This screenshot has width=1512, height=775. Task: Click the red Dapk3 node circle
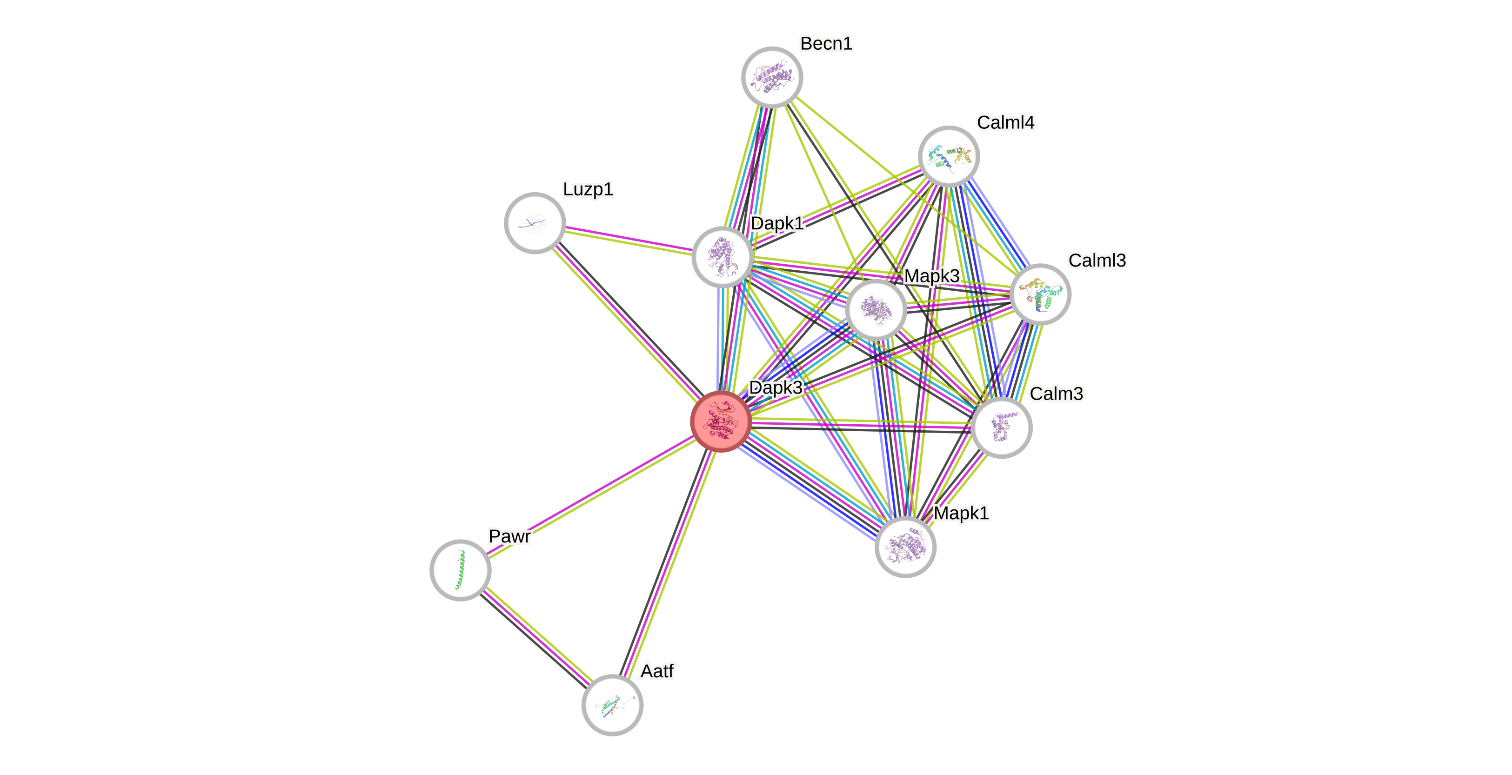click(x=721, y=421)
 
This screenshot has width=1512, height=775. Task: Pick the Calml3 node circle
click(x=1040, y=294)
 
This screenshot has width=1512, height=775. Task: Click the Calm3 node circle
click(x=1001, y=427)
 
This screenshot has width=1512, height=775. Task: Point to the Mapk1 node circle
click(x=905, y=547)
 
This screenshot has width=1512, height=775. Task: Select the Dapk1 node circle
click(x=723, y=257)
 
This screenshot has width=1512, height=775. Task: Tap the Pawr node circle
click(x=461, y=569)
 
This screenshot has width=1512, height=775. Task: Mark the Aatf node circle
click(x=612, y=705)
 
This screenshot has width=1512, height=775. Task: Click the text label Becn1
click(x=826, y=43)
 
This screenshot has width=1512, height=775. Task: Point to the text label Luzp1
click(x=588, y=189)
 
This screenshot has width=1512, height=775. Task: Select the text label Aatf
click(x=657, y=670)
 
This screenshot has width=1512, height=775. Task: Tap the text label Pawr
click(x=509, y=536)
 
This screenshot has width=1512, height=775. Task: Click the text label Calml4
click(x=1005, y=122)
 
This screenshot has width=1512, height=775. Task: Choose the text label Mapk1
click(x=962, y=513)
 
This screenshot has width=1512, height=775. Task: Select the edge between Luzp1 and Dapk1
click(x=629, y=240)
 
